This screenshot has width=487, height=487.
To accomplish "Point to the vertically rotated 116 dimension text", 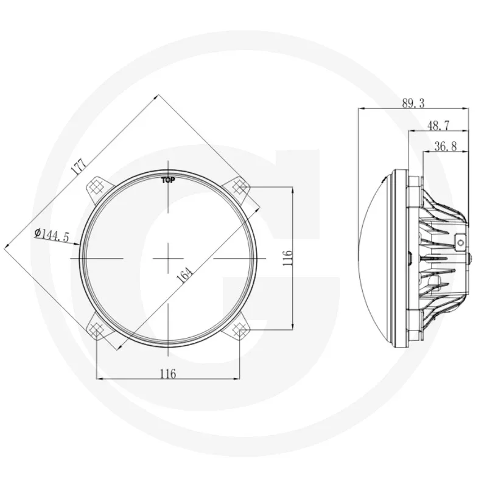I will [x=288, y=258].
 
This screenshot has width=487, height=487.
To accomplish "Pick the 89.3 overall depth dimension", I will [x=413, y=103].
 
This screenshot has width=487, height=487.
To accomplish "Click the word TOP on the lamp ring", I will [x=168, y=180].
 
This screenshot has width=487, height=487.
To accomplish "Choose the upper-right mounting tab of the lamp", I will [x=239, y=188].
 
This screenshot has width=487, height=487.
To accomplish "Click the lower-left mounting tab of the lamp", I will [x=96, y=329].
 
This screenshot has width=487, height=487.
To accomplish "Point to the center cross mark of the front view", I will [x=168, y=259].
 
